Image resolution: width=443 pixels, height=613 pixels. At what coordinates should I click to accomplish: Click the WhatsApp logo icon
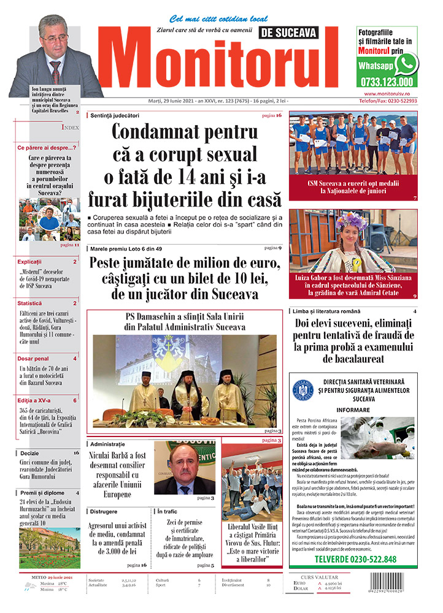pos(406,63)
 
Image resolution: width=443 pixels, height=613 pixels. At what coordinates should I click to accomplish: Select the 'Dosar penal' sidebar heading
pos(33,358)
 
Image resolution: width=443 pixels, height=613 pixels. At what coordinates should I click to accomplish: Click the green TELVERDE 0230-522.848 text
pos(355,560)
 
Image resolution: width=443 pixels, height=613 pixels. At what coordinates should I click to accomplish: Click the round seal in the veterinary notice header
pos(304,390)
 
